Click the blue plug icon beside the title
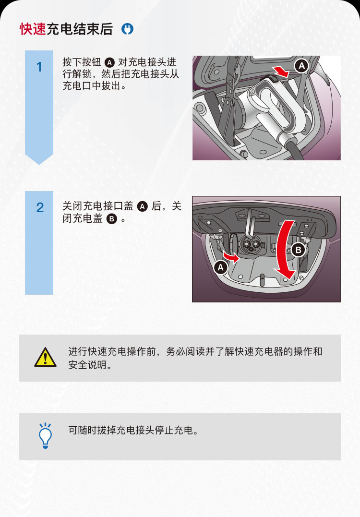(x=127, y=29)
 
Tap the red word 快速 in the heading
(x=33, y=29)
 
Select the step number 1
(x=39, y=67)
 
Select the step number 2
(x=40, y=208)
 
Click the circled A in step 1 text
(x=109, y=62)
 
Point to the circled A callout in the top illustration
(x=301, y=66)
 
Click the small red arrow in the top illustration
(x=281, y=71)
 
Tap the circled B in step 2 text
(x=112, y=218)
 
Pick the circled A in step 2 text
(x=143, y=206)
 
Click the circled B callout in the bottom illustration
(x=299, y=250)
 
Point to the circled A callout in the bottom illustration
(x=220, y=267)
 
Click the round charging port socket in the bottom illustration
(x=250, y=244)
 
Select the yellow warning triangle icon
(x=46, y=357)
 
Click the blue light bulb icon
(x=46, y=436)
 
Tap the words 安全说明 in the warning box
(x=87, y=365)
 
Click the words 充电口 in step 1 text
(x=77, y=86)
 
